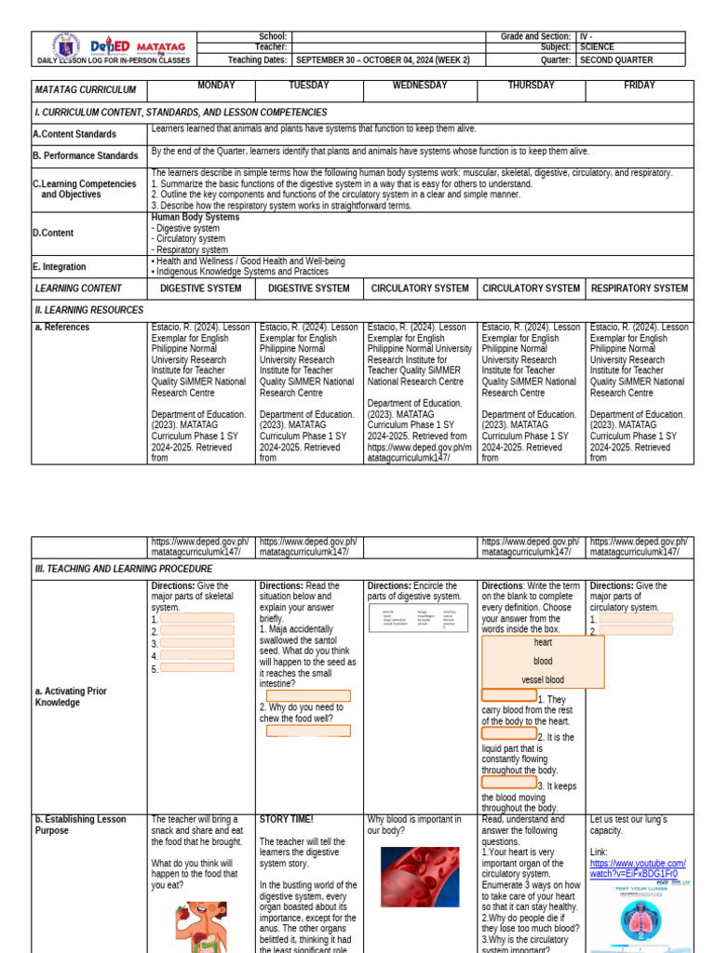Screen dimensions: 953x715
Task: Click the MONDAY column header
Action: (216, 86)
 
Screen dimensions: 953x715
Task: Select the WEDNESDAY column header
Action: (420, 86)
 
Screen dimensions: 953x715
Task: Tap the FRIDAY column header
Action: (640, 86)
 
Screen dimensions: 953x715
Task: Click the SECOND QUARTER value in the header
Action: (616, 60)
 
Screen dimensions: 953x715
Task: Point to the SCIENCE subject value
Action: (597, 47)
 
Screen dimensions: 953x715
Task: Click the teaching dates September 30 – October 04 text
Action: (383, 60)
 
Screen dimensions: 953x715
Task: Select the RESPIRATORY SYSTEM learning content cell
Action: (640, 289)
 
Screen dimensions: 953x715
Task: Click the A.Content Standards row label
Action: (75, 134)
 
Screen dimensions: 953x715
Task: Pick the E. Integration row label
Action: (61, 267)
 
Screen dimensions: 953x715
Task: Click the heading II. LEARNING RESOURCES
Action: (89, 310)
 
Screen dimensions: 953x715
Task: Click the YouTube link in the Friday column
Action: (638, 868)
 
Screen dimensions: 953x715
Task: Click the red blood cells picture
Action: (420, 876)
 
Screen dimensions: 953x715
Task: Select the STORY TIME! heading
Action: (287, 820)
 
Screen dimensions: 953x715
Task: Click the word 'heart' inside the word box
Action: (543, 643)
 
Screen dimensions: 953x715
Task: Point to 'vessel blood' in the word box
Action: (543, 680)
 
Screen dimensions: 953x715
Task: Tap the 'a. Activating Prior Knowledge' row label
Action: (71, 697)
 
